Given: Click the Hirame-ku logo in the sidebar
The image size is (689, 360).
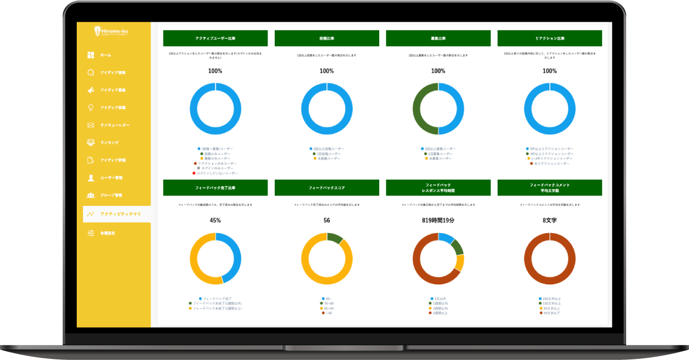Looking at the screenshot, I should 113,32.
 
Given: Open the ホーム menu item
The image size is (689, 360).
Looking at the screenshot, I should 105,55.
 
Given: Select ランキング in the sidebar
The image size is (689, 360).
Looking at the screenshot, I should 109,143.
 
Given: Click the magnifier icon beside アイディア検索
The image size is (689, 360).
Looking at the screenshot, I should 91,73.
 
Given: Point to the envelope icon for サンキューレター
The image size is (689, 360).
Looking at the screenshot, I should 91,125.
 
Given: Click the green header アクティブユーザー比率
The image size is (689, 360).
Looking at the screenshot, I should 215,38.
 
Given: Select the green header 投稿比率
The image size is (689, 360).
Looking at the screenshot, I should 326,38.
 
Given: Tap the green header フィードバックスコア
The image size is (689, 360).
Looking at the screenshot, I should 326,188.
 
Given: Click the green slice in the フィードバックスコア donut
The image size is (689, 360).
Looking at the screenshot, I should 335,238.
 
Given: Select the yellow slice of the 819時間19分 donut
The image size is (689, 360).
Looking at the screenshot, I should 460,262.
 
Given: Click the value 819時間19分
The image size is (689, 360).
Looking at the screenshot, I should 438,220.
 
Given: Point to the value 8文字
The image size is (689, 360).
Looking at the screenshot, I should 549,220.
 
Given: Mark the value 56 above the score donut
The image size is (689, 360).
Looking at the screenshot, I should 326,220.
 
